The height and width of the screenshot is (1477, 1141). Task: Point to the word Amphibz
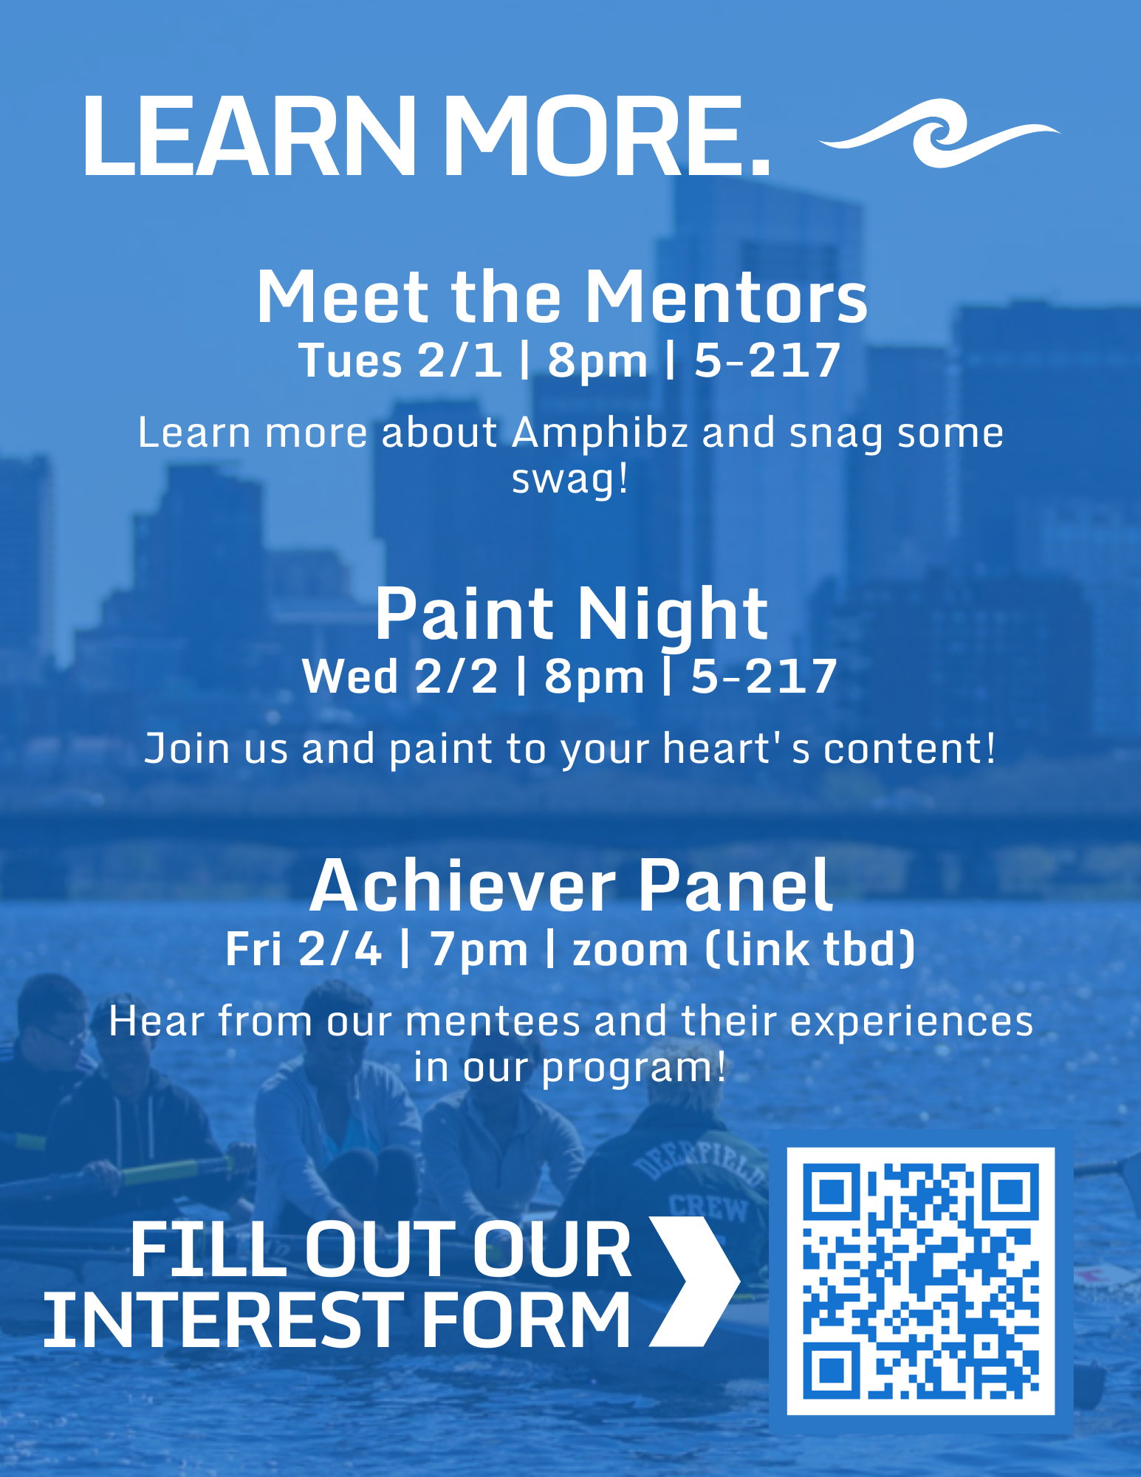pos(600,433)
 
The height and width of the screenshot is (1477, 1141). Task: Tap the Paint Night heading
pos(571,614)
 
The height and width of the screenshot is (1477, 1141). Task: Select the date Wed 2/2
pos(400,676)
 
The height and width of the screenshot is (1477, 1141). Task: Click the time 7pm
pos(479,950)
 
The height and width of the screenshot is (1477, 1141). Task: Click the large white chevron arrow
pos(694,1281)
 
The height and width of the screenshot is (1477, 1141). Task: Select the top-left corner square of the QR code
pos(832,1192)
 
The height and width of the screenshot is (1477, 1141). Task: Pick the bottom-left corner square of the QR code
pos(832,1370)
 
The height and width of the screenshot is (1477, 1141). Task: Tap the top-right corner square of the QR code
pos(1010,1192)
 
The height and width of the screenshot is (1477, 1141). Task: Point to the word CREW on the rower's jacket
pos(708,1208)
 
